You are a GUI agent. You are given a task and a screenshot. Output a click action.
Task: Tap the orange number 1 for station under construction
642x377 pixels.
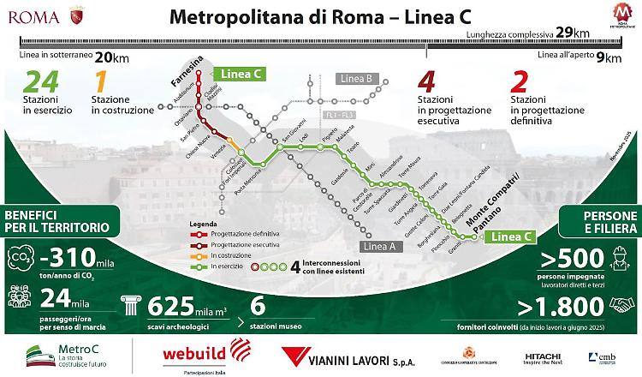100,83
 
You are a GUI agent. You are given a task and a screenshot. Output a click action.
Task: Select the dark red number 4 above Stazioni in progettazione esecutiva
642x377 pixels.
427,83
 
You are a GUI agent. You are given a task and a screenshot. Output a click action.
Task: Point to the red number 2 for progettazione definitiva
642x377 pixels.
518,83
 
